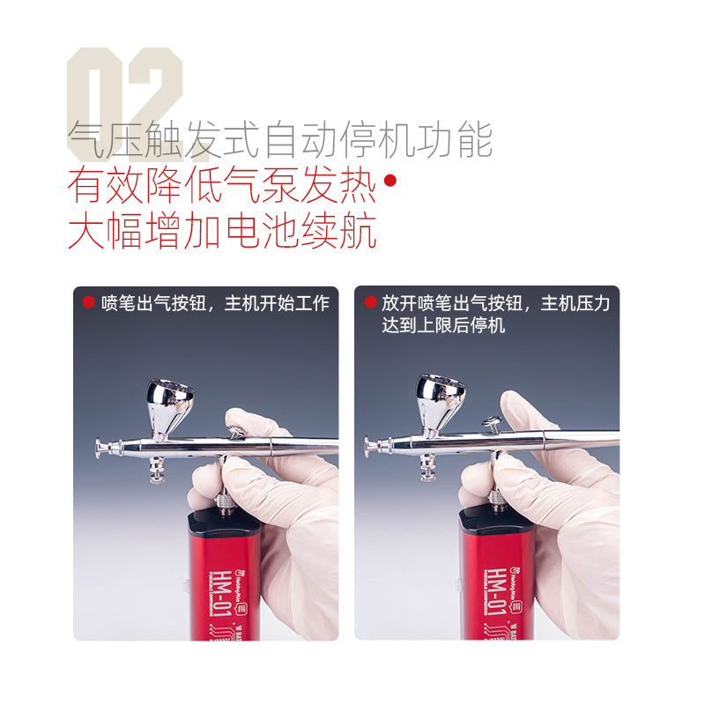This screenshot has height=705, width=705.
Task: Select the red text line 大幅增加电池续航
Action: pyautogui.click(x=222, y=231)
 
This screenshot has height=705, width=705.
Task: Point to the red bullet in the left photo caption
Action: pyautogui.click(x=88, y=302)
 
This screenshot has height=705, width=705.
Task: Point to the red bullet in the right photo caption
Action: pyautogui.click(x=370, y=302)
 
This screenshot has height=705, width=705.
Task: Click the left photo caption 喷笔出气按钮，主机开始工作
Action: pyautogui.click(x=215, y=303)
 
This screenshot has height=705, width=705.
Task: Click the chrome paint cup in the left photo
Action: pyautogui.click(x=169, y=401)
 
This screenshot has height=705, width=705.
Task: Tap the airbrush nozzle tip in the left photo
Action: pyautogui.click(x=100, y=446)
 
